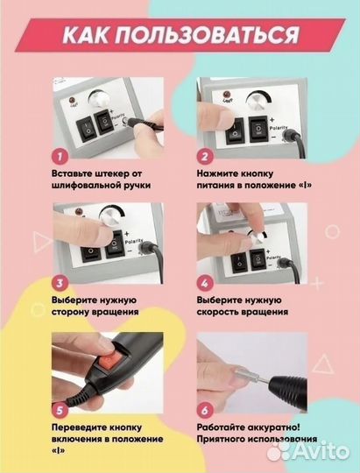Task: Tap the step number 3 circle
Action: (60, 283)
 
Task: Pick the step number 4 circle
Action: (203, 283)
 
